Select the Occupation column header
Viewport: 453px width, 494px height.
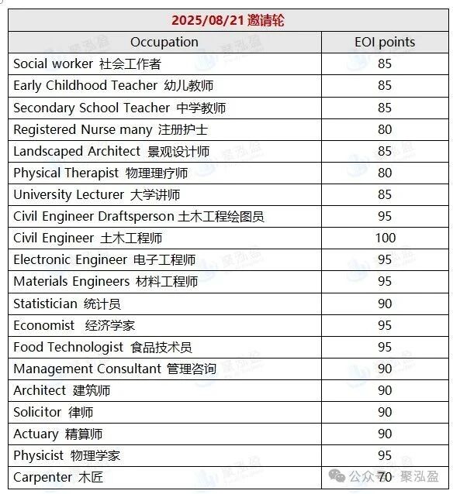(x=164, y=42)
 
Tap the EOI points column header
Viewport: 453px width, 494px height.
(x=385, y=42)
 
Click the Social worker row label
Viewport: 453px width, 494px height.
(x=87, y=63)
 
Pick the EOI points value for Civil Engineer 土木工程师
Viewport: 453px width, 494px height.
(x=385, y=238)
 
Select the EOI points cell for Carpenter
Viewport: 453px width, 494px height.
(x=385, y=477)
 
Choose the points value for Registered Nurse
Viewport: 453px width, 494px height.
(x=385, y=129)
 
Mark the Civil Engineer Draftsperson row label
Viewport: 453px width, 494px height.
(x=138, y=216)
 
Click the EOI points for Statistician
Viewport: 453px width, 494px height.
(x=385, y=304)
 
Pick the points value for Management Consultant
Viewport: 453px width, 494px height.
(x=385, y=369)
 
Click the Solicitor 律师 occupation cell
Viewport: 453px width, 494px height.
(x=53, y=412)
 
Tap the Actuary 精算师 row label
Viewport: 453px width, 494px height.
(x=57, y=434)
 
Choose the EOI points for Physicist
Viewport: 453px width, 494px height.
(x=385, y=455)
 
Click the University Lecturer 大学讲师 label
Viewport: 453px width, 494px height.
(x=96, y=194)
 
